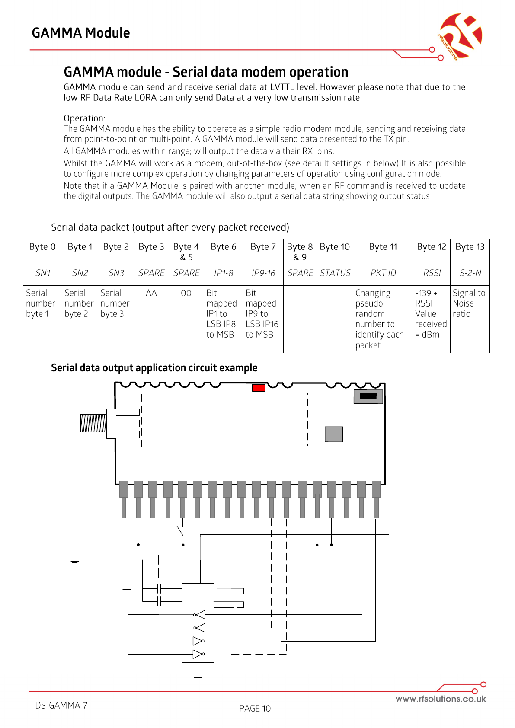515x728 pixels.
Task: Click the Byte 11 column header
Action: [383, 247]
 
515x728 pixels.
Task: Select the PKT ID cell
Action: [383, 273]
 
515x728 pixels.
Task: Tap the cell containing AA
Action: [151, 293]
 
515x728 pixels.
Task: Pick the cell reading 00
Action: [186, 293]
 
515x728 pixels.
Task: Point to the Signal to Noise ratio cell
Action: [469, 303]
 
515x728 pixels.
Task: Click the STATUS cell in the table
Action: [335, 273]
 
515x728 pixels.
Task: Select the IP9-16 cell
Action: [263, 273]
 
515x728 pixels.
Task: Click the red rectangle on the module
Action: [259, 388]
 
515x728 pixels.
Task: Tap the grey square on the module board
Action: [334, 434]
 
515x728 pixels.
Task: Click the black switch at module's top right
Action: [368, 396]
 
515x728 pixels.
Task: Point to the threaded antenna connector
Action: [93, 423]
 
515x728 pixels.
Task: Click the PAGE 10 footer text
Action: [255, 708]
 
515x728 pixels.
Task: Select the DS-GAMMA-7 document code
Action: [61, 706]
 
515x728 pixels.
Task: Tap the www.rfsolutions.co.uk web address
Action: [440, 699]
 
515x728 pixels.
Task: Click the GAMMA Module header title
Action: [81, 33]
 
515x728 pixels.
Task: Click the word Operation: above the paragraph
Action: [84, 118]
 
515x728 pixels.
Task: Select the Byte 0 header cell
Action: [42, 247]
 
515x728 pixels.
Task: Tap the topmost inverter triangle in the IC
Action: [200, 615]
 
